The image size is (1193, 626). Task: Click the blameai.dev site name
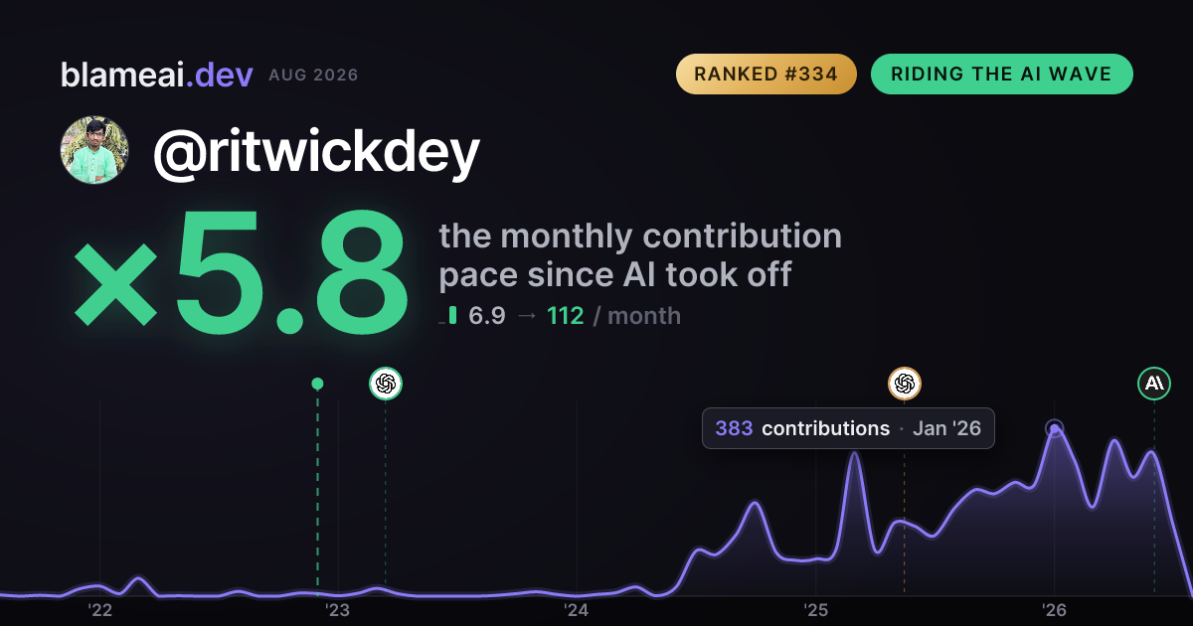click(157, 75)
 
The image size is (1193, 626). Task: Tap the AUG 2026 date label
click(313, 76)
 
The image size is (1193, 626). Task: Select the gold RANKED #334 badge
click(766, 74)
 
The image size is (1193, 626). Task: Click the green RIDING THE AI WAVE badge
click(1001, 74)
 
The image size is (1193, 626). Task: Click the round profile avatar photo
click(94, 151)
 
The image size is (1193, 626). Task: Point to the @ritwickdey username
click(316, 153)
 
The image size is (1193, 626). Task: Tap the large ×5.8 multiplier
click(241, 271)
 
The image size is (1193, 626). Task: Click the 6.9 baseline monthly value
click(487, 316)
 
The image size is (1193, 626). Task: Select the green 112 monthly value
click(565, 316)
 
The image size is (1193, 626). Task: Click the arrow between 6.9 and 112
click(527, 316)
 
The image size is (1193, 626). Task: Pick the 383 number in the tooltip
click(734, 428)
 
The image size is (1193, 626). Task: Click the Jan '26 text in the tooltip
click(946, 428)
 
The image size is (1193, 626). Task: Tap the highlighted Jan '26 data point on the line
click(1055, 428)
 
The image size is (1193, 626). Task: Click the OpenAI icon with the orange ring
click(905, 384)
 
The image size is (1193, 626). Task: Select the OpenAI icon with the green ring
click(386, 384)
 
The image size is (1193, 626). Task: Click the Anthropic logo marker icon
click(1154, 384)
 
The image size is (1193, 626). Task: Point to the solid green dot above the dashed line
click(317, 384)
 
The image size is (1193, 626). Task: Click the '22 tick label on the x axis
click(99, 610)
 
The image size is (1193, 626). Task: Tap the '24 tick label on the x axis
click(577, 610)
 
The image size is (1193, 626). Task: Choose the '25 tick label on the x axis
click(815, 610)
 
